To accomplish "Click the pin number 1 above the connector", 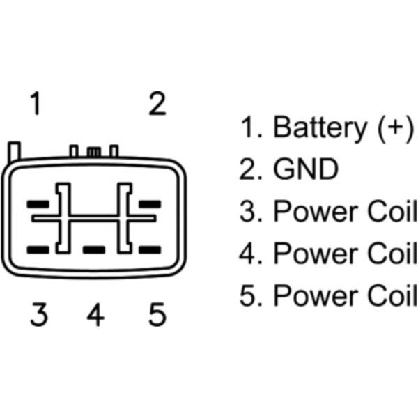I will click(35, 105).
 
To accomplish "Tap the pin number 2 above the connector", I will click(158, 105).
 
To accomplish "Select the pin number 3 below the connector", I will click(39, 316).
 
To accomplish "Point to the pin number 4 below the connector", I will click(95, 316).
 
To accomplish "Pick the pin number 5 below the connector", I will click(157, 316).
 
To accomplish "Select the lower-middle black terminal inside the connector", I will click(93, 249).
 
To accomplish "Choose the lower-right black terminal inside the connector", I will click(150, 249).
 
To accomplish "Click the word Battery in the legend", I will click(320, 129).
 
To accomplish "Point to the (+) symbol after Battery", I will click(394, 129).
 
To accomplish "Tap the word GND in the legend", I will click(306, 170).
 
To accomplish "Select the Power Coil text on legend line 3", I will click(345, 212).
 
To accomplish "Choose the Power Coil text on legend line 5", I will click(345, 295).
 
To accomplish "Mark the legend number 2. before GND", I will click(251, 170).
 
